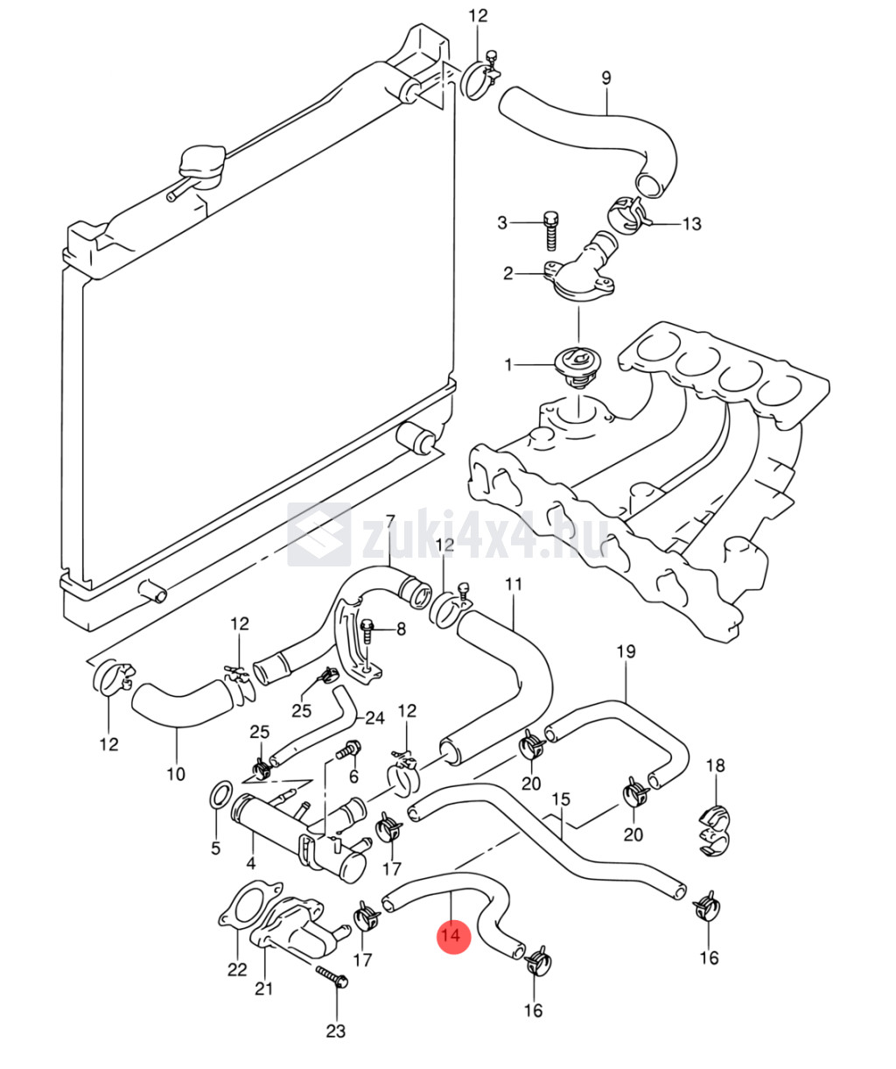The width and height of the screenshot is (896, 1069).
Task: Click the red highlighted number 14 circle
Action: tap(453, 935)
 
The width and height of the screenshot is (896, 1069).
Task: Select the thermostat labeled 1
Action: tap(578, 365)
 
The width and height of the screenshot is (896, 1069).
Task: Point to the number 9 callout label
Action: tap(605, 78)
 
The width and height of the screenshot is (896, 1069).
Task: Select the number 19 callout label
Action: tap(626, 651)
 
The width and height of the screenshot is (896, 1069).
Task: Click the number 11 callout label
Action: tap(513, 584)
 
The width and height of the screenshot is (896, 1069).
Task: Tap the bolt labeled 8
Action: tap(368, 629)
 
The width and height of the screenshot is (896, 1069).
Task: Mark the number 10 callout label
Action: tap(176, 773)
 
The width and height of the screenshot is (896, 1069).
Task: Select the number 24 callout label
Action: tap(374, 718)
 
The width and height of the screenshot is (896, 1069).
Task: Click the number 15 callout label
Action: tap(561, 798)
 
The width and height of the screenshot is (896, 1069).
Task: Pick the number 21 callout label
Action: tap(263, 988)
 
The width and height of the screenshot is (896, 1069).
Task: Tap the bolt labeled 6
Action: tap(349, 749)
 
